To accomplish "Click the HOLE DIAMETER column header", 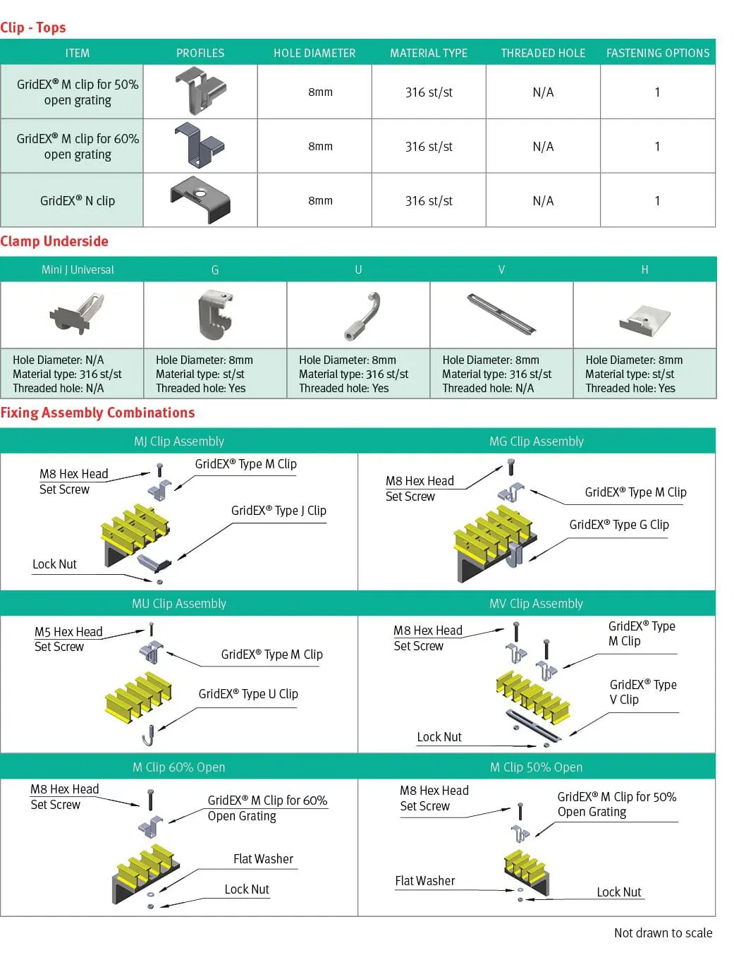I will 314,53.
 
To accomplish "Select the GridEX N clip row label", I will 78,200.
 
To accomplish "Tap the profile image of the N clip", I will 200,200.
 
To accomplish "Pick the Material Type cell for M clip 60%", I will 429,147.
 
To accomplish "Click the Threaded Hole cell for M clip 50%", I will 543,92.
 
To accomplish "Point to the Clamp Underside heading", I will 54,241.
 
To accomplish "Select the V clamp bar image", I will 501,314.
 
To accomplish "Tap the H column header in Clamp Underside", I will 644,269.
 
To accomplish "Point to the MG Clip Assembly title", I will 537,442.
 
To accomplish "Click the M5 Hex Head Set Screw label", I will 68,639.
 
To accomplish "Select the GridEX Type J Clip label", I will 279,511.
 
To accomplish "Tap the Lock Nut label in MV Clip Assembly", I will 439,737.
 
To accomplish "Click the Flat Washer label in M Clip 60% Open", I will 263,859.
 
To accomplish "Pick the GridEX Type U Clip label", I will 248,694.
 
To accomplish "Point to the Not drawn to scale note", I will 663,933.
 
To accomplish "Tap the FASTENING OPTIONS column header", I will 658,53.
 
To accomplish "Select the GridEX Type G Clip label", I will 619,525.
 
